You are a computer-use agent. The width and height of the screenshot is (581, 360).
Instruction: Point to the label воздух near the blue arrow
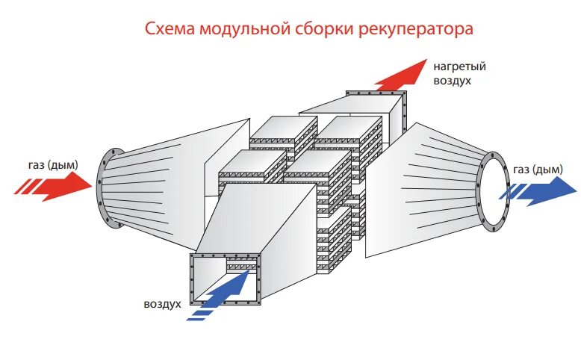[x=164, y=305]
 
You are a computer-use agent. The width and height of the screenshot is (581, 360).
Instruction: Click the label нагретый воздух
[x=453, y=72]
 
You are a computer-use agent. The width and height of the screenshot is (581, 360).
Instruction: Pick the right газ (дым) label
[x=537, y=170]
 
